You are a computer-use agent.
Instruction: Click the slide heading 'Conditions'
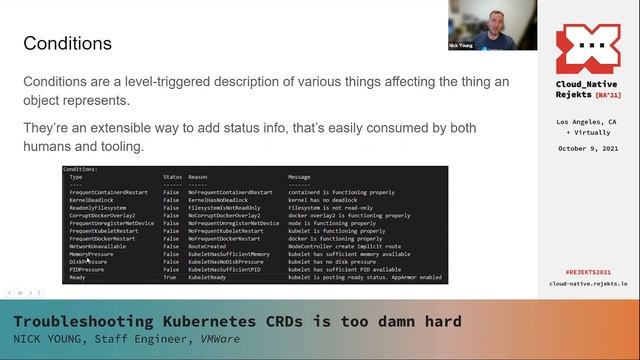(67, 44)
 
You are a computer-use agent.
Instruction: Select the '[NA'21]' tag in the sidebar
(610, 96)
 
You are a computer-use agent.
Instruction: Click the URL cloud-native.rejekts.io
(589, 284)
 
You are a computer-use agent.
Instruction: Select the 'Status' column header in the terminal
(173, 177)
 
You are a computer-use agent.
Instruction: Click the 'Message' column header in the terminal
(300, 177)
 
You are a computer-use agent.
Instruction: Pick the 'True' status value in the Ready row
(171, 277)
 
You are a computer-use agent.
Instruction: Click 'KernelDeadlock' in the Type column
(92, 199)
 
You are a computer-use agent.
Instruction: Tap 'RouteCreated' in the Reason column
(209, 246)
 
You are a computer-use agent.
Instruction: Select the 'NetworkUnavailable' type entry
(99, 246)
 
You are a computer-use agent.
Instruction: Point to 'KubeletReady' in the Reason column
(209, 277)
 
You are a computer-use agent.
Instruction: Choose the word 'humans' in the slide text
(52, 147)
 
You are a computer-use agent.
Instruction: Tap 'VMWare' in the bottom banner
(212, 339)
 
